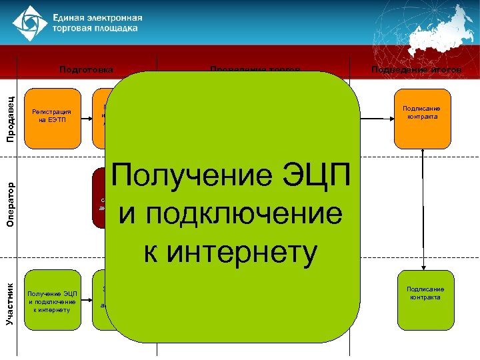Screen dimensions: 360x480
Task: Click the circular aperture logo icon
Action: click(27, 24)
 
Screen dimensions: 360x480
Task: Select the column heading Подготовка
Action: click(86, 69)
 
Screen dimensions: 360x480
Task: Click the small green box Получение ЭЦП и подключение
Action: click(52, 301)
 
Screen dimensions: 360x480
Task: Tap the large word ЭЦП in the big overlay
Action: click(315, 176)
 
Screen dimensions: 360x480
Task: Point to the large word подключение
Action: click(230, 215)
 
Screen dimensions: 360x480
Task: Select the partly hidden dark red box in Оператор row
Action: click(101, 199)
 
